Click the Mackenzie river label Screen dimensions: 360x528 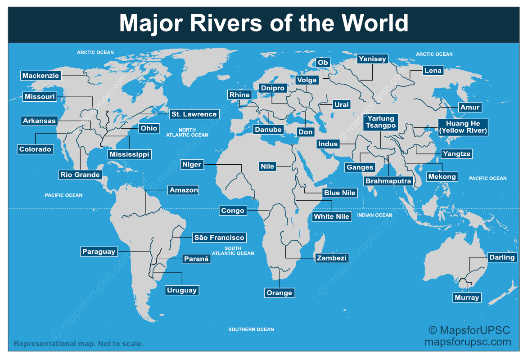(x=41, y=76)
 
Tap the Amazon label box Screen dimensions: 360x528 (x=184, y=190)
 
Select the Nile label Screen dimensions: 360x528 (x=267, y=166)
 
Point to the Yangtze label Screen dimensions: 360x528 (x=456, y=154)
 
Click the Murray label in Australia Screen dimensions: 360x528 (x=467, y=297)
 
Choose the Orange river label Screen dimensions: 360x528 (x=280, y=293)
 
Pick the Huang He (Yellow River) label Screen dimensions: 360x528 (x=463, y=127)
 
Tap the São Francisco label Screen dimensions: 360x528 (x=219, y=238)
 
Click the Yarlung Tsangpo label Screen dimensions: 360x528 (x=380, y=122)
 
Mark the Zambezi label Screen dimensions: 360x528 (x=332, y=258)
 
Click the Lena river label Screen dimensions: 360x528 (x=433, y=71)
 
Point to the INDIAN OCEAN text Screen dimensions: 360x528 (x=375, y=215)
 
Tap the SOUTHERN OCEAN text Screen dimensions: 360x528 (x=251, y=329)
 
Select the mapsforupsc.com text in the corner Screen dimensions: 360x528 (x=468, y=342)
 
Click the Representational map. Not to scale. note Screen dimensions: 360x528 (x=79, y=344)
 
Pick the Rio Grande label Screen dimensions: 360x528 (x=80, y=175)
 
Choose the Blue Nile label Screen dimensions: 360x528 (x=340, y=193)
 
